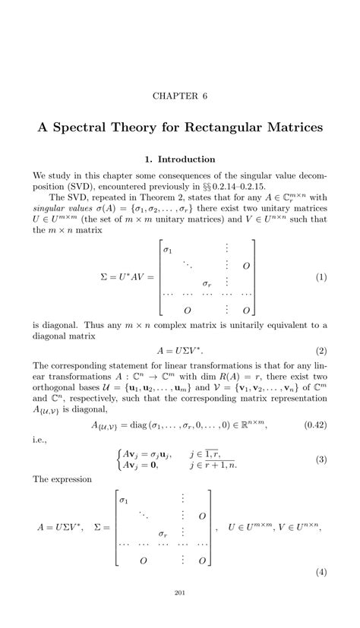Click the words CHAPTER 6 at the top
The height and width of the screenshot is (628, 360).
click(180, 96)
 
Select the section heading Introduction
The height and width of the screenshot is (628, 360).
click(186, 159)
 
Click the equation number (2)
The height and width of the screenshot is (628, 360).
click(321, 352)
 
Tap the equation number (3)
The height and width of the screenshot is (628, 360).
click(321, 460)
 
